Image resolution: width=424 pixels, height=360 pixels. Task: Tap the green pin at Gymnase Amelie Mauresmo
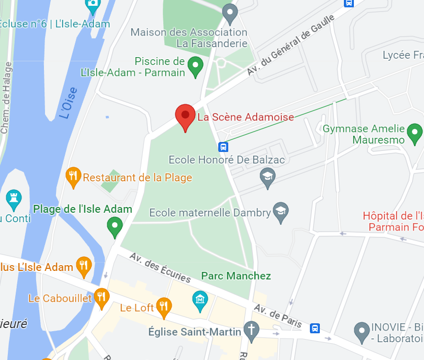pos(415,133)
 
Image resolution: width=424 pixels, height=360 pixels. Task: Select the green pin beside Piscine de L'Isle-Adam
pos(195,66)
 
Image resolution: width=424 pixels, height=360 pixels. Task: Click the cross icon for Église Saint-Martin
pos(251,331)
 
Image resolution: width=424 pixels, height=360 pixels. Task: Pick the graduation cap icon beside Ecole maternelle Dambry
pos(281,212)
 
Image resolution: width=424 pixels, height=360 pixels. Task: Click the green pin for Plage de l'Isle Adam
pos(115,227)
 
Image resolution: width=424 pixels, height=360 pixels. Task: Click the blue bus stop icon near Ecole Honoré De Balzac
pos(223,147)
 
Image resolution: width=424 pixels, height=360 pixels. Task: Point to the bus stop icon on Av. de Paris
pos(315,328)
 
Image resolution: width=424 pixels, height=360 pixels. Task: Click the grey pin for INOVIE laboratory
pos(362,331)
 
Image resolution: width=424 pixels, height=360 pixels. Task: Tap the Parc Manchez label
pos(236,276)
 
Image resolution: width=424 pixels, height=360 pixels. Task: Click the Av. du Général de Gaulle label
pos(291,47)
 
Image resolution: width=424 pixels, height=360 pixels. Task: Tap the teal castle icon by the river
pos(13,199)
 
